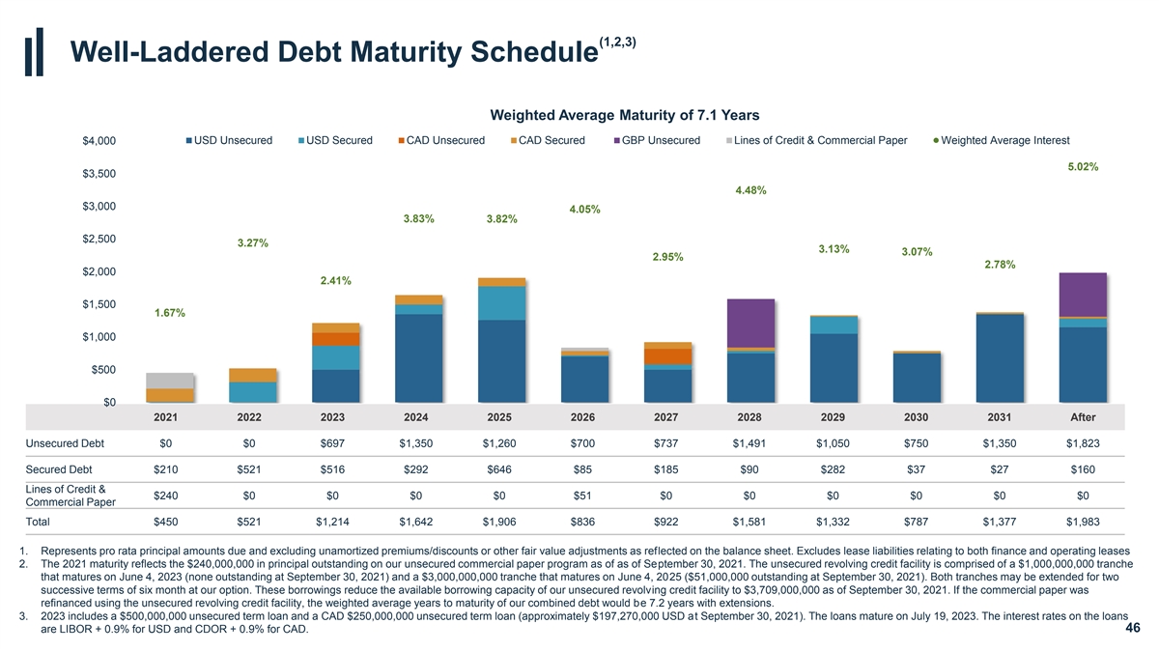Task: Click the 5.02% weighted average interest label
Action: point(1082,166)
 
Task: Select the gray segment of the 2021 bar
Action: point(169,381)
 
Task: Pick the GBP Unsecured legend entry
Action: point(661,141)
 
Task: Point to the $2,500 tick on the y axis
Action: point(98,240)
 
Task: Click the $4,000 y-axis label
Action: point(98,142)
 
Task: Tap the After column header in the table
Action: point(1083,417)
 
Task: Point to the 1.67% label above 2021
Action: point(170,313)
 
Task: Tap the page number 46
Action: point(1133,629)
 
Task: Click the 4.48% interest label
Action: point(750,190)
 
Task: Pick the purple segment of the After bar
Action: point(1082,294)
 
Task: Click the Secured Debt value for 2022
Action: point(249,470)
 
